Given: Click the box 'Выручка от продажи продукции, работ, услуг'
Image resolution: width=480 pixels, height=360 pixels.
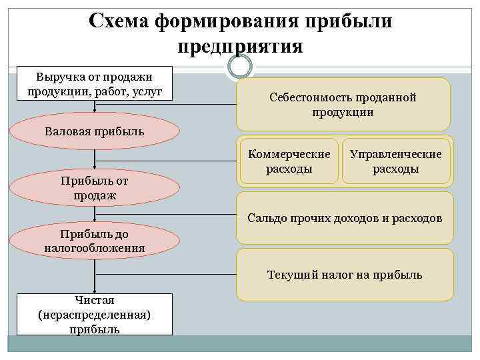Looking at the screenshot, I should pyautogui.click(x=95, y=83).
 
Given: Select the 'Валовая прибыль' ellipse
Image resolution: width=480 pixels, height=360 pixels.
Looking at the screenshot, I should pyautogui.click(x=95, y=131).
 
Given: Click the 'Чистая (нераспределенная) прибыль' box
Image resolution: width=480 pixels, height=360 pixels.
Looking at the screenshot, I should pyautogui.click(x=95, y=314).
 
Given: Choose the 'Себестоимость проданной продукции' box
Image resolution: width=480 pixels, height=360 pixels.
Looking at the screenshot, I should pyautogui.click(x=343, y=105).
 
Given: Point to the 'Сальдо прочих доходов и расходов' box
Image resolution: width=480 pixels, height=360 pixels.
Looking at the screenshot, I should pyautogui.click(x=345, y=218).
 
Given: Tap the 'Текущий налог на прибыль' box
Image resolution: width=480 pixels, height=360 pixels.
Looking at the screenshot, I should pyautogui.click(x=345, y=275).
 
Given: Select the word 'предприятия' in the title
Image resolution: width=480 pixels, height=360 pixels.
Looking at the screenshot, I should pyautogui.click(x=240, y=47).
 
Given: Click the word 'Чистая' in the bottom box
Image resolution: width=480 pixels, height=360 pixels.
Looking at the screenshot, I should pyautogui.click(x=95, y=301).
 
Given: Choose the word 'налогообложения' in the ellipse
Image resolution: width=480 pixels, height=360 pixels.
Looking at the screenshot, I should pyautogui.click(x=95, y=248).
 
